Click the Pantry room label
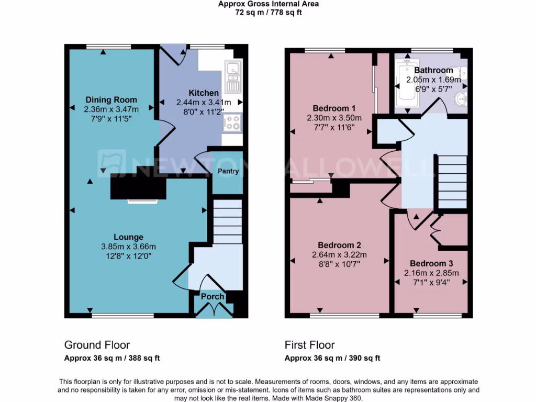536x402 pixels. coord(228,171)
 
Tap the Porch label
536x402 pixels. coord(213,297)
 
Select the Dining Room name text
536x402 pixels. coord(111,100)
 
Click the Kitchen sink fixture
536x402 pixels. coord(232,76)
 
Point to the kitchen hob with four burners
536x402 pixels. coord(232,123)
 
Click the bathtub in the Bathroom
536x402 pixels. coord(406,86)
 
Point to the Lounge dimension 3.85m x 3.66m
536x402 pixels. coord(129,247)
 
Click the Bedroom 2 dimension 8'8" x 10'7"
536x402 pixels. coord(339,264)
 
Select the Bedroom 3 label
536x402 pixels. coord(431,263)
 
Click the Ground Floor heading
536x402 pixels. coord(97,345)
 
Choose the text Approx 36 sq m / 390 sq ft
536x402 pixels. coord(332,359)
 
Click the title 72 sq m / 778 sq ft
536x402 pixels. coord(269,12)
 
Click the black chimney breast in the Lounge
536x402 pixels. coord(138,186)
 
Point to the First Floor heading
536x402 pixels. coord(309,345)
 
